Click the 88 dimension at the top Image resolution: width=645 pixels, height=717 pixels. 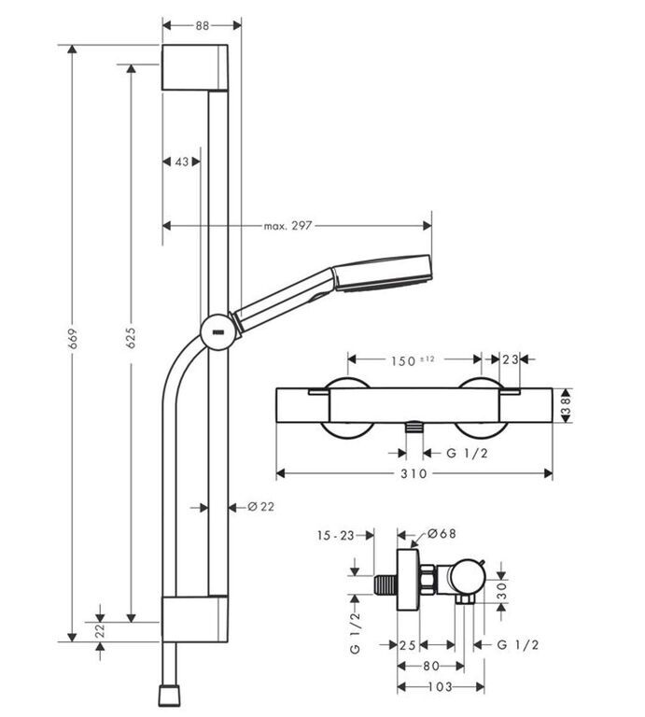point(202,25)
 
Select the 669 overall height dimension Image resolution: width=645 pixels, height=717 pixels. point(73,338)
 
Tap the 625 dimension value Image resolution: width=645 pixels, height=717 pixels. point(132,337)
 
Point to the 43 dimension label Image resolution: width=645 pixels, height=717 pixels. point(182,162)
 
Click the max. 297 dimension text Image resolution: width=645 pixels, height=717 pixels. point(287,225)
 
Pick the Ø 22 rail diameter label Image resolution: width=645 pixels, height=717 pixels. point(261,507)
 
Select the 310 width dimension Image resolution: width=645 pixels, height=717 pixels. point(414,473)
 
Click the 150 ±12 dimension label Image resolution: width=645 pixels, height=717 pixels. point(413,360)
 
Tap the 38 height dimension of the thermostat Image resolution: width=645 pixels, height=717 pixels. point(566,405)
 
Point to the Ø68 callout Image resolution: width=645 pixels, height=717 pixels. point(442,534)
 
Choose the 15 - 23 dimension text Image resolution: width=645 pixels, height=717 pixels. point(335,535)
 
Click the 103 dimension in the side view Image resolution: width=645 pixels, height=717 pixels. point(440,686)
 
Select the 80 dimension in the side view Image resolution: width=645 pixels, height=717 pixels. point(431,666)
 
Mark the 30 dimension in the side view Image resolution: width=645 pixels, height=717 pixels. point(502,590)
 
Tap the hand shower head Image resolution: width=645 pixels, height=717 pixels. point(382,274)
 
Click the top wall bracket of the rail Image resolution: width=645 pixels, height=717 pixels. point(195,67)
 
